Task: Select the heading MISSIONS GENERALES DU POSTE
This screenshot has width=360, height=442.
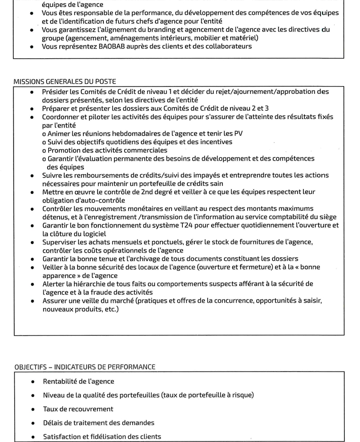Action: (65, 81)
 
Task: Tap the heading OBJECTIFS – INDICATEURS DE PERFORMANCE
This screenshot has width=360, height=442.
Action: (85, 367)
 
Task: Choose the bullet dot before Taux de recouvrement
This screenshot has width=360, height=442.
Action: (32, 409)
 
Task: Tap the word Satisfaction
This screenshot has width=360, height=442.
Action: (64, 436)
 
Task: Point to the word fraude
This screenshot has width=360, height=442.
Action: (108, 292)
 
